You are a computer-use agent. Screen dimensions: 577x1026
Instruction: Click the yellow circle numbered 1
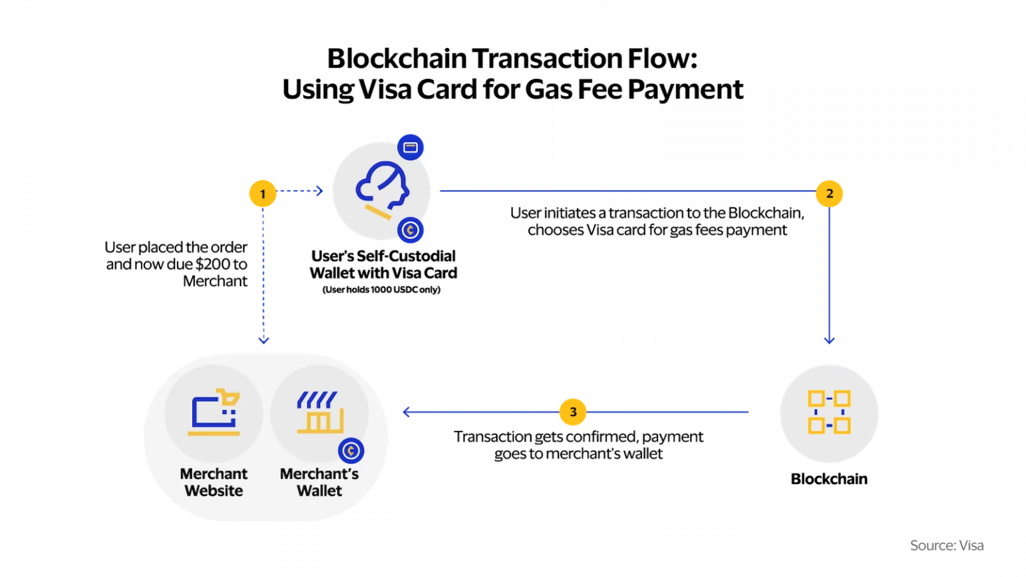[x=263, y=194]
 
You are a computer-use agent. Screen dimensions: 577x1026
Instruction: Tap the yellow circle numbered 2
[x=829, y=194]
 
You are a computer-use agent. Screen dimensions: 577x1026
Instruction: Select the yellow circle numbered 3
[x=572, y=412]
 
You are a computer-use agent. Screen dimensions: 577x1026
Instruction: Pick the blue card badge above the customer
[x=411, y=147]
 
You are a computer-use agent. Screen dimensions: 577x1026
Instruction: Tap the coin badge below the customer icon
[x=410, y=230]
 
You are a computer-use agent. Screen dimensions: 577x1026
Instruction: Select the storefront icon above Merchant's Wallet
[x=319, y=413]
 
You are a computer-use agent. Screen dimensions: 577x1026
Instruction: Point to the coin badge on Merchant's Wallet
[x=351, y=451]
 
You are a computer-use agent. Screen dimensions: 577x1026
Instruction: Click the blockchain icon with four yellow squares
[x=829, y=412]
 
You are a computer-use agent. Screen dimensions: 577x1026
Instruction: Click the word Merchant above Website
[x=214, y=474]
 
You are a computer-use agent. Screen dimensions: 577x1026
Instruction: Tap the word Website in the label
[x=214, y=491]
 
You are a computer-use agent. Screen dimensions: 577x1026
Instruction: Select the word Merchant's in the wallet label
[x=319, y=474]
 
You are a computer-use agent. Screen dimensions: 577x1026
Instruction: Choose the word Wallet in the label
[x=319, y=491]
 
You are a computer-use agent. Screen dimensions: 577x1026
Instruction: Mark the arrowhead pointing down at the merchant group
[x=264, y=341]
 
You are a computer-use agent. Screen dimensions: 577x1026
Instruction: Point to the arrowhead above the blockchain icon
[x=829, y=340]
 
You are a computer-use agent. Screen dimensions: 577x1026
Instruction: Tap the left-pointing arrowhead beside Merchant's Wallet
[x=405, y=412]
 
